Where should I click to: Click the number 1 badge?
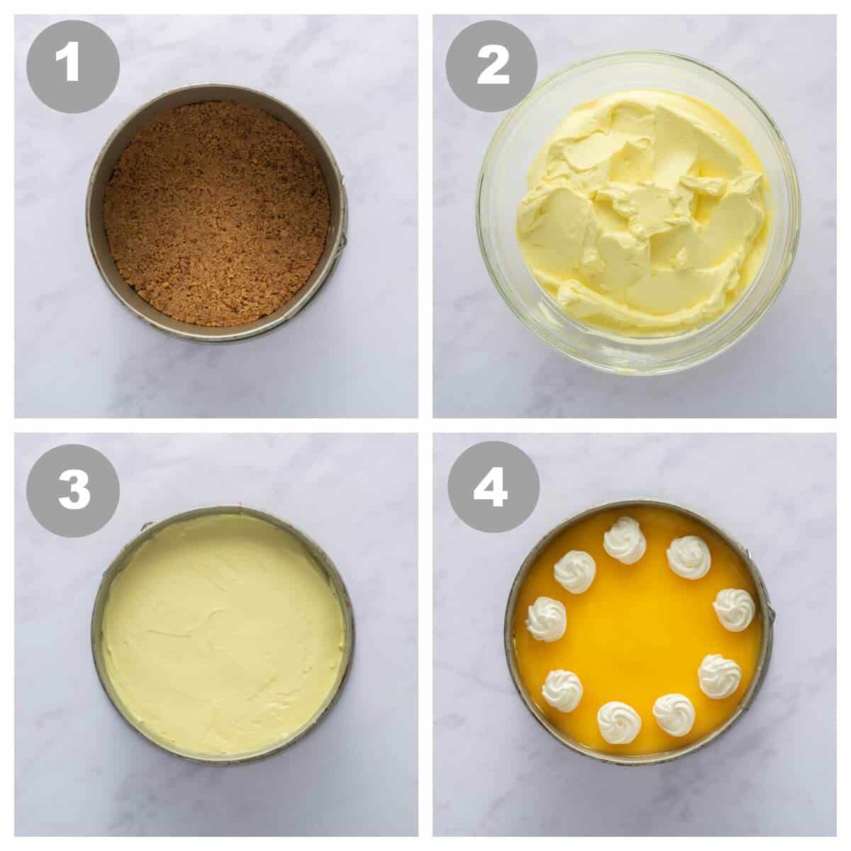[73, 67]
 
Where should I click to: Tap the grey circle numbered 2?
[491, 67]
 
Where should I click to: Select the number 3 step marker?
[73, 490]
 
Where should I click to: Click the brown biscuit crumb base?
[216, 214]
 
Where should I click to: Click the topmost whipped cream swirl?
[625, 547]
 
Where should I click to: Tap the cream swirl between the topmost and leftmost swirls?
[574, 572]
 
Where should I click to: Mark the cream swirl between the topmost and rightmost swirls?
[689, 557]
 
